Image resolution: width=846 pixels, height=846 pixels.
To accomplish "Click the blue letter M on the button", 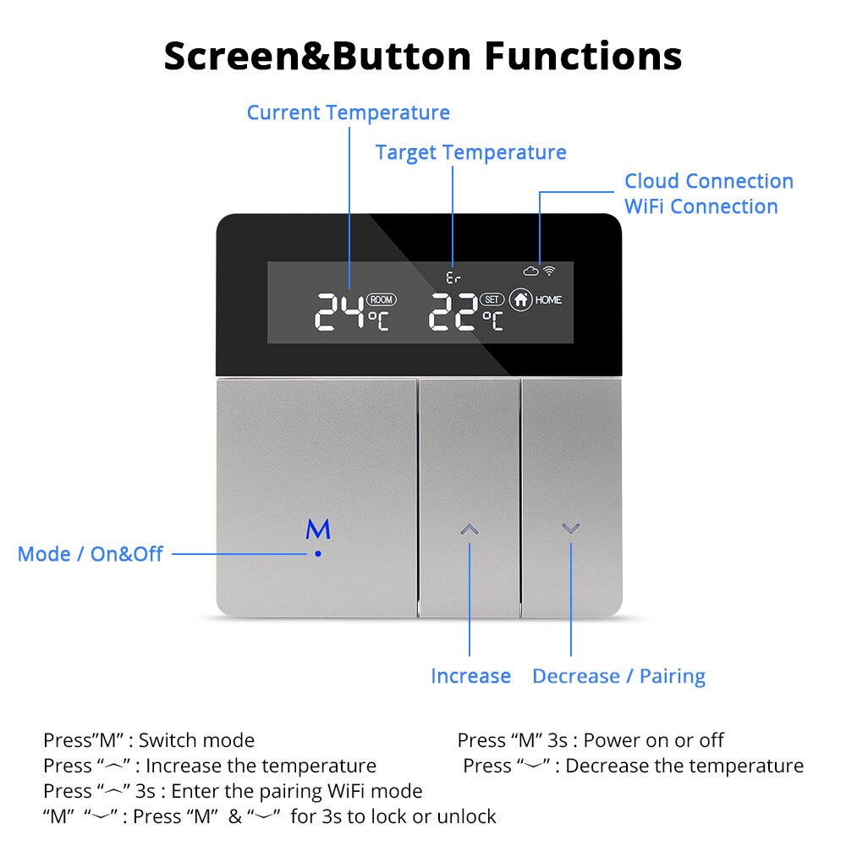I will click(318, 530).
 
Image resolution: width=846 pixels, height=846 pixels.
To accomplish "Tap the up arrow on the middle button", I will click(470, 530).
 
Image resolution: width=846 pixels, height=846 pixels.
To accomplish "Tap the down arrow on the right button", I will click(571, 529).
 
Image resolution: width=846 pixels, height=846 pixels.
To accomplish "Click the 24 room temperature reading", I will click(339, 312).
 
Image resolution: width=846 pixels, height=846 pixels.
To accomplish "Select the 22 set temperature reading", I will click(454, 313).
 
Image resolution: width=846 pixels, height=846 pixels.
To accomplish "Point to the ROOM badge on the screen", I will click(382, 299).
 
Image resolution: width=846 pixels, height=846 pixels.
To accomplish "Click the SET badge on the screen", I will click(492, 299).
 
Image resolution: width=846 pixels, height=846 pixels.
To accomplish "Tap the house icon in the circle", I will click(520, 299).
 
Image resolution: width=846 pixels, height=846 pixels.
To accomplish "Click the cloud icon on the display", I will click(530, 271).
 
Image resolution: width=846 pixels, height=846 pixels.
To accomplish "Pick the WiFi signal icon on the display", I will click(549, 271).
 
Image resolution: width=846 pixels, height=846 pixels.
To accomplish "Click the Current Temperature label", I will click(348, 113).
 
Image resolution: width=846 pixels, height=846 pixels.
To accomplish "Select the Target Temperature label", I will click(470, 152).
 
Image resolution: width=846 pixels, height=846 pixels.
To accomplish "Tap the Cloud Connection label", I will click(709, 181).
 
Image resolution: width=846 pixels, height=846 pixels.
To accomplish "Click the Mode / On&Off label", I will click(90, 554).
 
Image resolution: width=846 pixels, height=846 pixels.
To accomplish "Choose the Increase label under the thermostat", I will click(470, 676).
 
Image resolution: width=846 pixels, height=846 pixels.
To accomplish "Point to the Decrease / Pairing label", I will click(618, 676).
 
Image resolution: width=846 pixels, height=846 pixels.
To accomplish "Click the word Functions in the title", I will click(583, 56).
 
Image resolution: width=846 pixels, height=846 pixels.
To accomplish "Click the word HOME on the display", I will click(548, 299).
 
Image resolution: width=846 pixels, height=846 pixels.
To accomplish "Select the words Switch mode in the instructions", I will click(196, 740).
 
